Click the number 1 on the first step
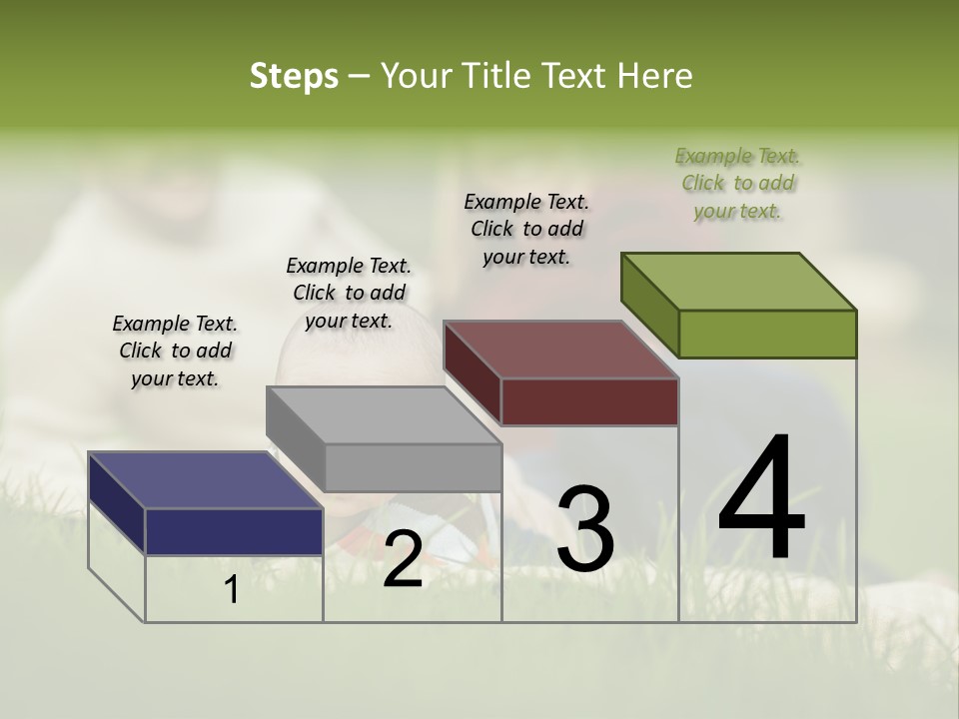(x=232, y=590)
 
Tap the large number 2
(x=403, y=559)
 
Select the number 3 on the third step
(x=585, y=529)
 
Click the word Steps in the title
(x=294, y=76)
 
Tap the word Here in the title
(x=655, y=76)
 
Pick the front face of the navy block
(x=234, y=531)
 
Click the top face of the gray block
(x=383, y=414)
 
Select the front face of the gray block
(x=413, y=467)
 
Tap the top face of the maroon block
(x=560, y=350)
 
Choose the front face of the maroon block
(x=589, y=401)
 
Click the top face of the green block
(x=738, y=281)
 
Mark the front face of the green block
(x=767, y=334)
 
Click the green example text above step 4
(x=737, y=184)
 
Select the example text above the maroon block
(x=526, y=230)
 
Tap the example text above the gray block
(x=349, y=293)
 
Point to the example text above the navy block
(x=175, y=351)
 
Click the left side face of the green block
(x=649, y=305)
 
